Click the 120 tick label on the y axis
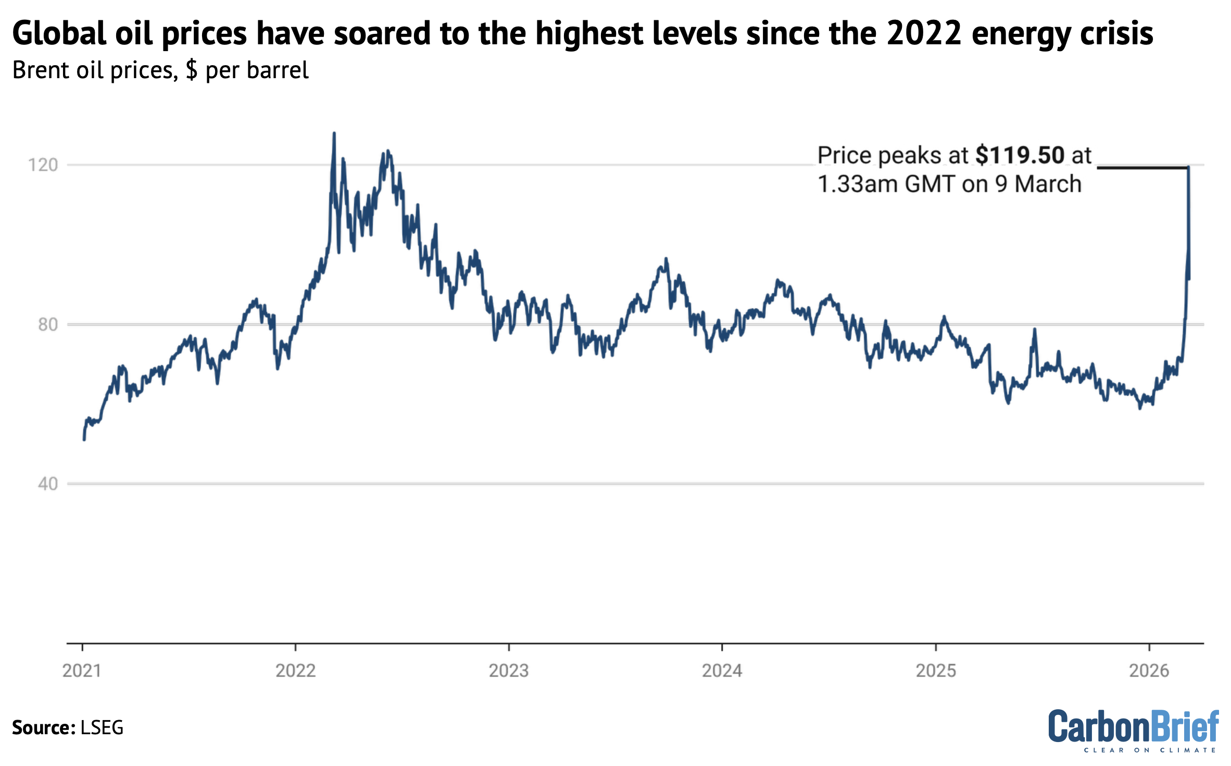point(43,165)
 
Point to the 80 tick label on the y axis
point(47,325)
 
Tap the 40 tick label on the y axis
point(47,484)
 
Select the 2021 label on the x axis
point(82,671)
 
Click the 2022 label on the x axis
point(295,671)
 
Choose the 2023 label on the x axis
point(508,671)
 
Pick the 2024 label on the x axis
point(722,671)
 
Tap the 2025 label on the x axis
point(936,671)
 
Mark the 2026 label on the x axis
point(1149,671)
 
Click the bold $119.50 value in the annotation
point(1020,155)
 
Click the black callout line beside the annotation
point(1140,167)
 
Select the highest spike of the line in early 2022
point(334,134)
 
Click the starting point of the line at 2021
point(84,439)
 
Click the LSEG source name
point(102,727)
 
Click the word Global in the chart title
point(59,33)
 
